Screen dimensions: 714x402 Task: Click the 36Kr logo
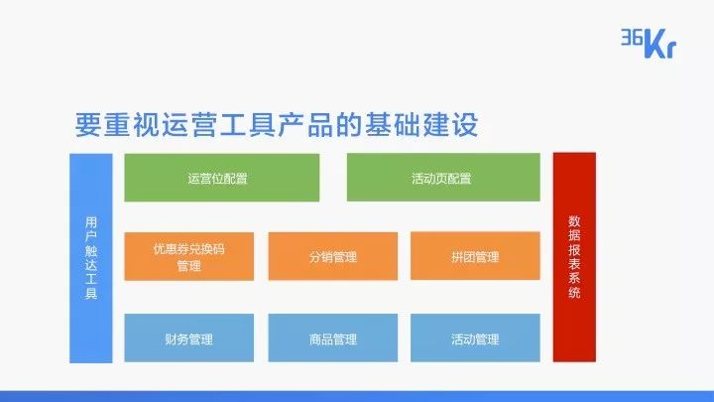(649, 44)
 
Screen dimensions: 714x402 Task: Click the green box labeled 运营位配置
(222, 178)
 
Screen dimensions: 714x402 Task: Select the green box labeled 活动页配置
(443, 178)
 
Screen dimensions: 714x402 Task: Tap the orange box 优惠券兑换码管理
(189, 256)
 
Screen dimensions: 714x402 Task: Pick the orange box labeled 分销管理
(333, 256)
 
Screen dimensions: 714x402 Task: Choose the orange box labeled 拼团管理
(475, 256)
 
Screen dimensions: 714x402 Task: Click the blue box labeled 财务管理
(189, 337)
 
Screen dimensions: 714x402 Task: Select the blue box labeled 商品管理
(333, 337)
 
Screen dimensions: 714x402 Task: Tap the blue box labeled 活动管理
(475, 337)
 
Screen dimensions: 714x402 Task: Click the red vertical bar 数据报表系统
(574, 257)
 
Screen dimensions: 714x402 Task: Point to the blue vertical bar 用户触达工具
(91, 258)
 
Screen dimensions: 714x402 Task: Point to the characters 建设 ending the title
(450, 124)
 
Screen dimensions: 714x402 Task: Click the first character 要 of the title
(88, 124)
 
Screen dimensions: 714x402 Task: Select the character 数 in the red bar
(574, 221)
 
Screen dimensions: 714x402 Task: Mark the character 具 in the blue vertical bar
(91, 293)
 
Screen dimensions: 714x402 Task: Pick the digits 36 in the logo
(632, 37)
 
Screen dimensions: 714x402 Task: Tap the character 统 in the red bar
(574, 292)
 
